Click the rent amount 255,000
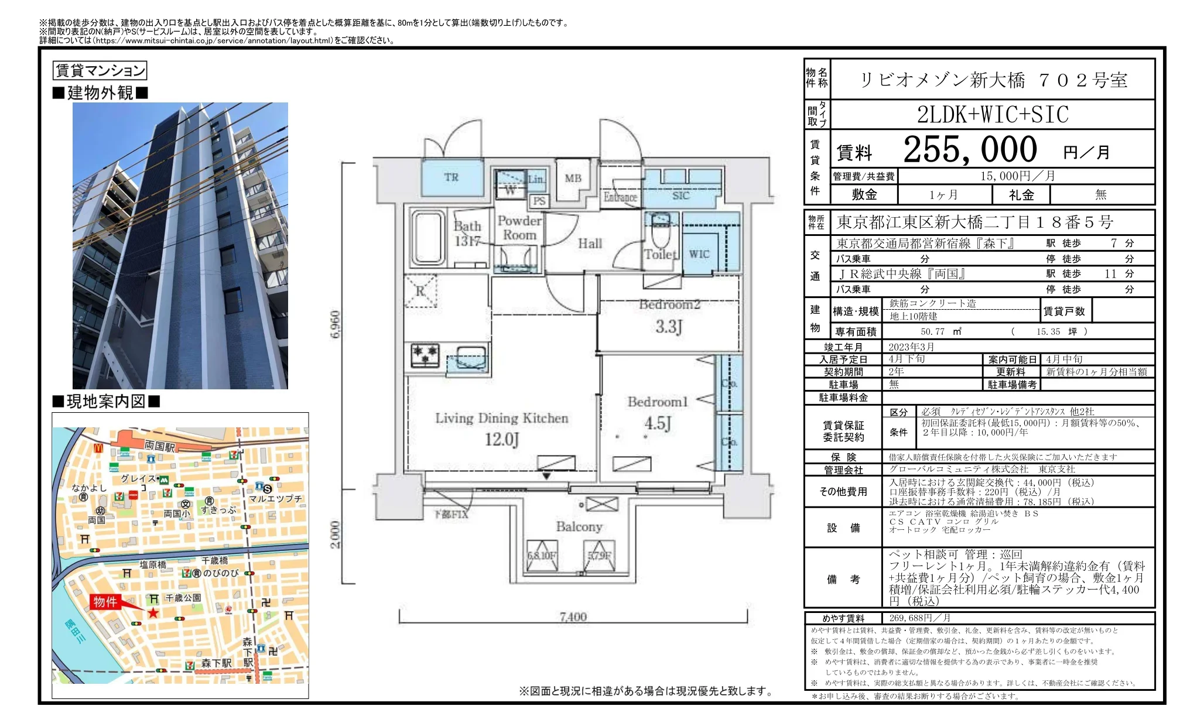point(970,150)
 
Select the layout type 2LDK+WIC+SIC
point(993,115)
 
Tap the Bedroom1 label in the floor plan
point(657,402)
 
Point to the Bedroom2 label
point(669,304)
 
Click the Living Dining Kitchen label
point(501,418)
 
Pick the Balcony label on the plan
point(579,527)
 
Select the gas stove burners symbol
point(425,354)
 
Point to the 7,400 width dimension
point(573,616)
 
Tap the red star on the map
point(153,613)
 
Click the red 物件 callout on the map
point(105,602)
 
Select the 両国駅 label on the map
point(160,447)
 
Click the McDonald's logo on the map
point(98,447)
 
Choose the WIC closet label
point(699,254)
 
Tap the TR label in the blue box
point(451,177)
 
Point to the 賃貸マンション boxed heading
point(100,71)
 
